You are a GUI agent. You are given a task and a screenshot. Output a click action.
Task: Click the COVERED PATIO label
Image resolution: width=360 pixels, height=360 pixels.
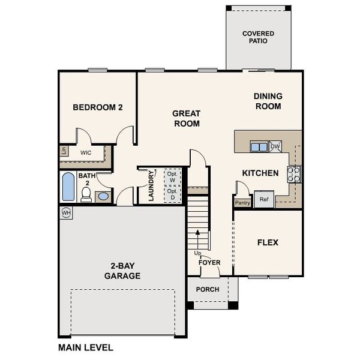click(258, 37)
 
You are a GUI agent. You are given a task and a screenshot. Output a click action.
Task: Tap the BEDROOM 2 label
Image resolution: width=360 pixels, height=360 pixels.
click(98, 108)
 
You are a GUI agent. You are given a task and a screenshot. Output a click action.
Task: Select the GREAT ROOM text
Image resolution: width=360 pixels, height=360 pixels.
click(187, 118)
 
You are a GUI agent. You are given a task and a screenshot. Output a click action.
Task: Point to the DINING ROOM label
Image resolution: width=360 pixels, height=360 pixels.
click(268, 101)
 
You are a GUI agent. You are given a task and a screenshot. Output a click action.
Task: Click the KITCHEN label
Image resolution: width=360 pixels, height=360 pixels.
click(260, 173)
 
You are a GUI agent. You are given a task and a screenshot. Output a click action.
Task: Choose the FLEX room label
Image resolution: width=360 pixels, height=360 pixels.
click(268, 242)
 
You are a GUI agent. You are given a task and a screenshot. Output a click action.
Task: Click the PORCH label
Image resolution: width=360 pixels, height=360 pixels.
click(208, 289)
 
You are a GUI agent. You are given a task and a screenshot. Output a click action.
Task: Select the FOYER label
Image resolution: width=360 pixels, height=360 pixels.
click(210, 262)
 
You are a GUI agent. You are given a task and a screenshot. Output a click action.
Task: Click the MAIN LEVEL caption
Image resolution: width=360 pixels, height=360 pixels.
click(85, 347)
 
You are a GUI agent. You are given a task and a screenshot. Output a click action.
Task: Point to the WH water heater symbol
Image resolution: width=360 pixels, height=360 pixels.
click(66, 212)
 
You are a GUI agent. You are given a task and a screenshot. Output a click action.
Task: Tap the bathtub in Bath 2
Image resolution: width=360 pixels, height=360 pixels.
click(68, 187)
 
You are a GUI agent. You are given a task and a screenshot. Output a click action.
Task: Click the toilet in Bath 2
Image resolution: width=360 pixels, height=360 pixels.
click(86, 194)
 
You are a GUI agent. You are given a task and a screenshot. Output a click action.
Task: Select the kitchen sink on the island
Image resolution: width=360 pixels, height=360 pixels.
click(259, 146)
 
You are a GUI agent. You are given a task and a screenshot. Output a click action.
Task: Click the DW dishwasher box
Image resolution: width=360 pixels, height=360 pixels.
click(275, 146)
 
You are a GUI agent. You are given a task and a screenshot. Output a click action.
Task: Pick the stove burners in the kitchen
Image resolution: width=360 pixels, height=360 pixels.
click(294, 174)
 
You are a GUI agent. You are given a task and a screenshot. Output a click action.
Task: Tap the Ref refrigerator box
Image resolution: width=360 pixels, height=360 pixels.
click(263, 199)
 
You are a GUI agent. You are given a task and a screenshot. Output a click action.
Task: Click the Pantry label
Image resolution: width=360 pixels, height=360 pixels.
click(242, 203)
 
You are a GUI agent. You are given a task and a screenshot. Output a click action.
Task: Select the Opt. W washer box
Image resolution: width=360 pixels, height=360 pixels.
click(172, 176)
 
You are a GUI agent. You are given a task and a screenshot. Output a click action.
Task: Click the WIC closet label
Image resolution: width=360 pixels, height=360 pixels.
click(86, 153)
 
